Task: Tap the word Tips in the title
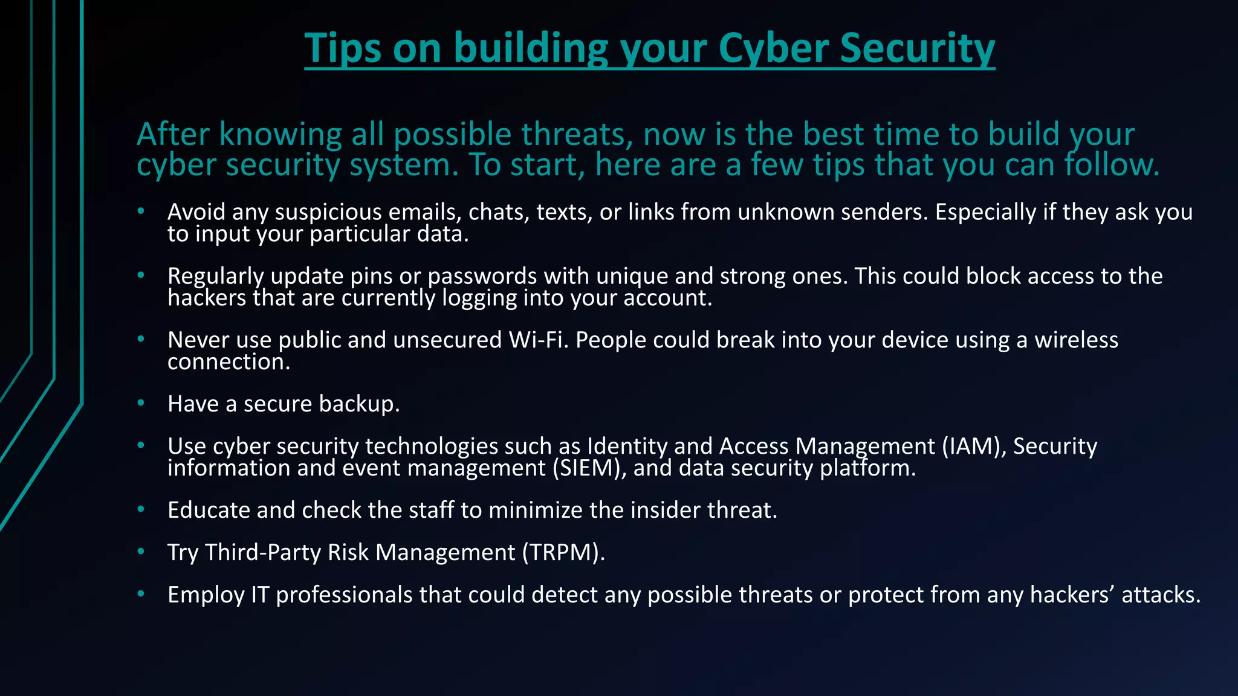coord(342,48)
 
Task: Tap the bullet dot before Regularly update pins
coord(141,275)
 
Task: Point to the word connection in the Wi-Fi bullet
coord(228,362)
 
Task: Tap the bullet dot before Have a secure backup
coord(141,403)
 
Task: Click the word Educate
coord(209,511)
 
